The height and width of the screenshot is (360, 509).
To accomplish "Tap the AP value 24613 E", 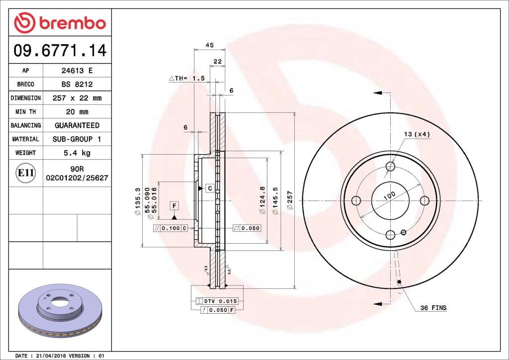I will [77, 71].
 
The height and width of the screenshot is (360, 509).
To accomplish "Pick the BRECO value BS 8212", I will [77, 85].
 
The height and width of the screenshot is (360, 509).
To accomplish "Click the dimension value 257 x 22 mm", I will [77, 98].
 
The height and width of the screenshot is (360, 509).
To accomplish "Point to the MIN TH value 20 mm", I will [77, 111].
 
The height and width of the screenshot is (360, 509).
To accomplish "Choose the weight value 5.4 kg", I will [77, 153].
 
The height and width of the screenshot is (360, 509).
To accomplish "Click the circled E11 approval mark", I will [25, 173].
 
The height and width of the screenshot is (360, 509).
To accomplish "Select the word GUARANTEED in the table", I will [77, 125].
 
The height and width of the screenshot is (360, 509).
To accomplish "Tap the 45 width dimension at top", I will [209, 45].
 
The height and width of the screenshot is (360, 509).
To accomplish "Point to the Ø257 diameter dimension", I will [290, 200].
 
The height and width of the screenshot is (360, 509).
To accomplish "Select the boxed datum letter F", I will [174, 205].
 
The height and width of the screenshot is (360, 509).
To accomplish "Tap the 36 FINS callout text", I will [433, 308].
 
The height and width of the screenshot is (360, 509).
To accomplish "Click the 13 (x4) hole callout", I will [417, 134].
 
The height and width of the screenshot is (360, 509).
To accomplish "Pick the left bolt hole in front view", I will [356, 200].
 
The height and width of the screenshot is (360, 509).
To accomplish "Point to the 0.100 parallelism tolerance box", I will [170, 228].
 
